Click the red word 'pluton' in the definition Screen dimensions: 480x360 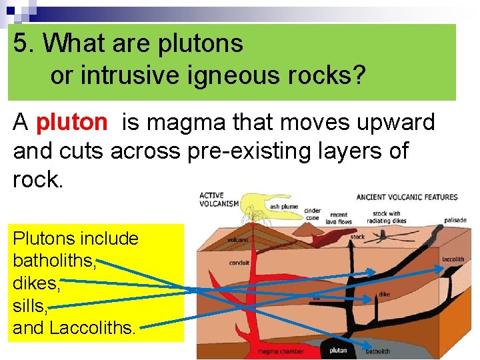pyautogui.click(x=71, y=123)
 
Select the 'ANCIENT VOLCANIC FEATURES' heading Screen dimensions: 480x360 pyautogui.click(x=407, y=197)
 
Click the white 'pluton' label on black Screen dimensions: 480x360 pyautogui.click(x=339, y=350)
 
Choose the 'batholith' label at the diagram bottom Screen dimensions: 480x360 pyautogui.click(x=379, y=351)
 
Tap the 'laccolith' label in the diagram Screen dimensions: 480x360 pyautogui.click(x=453, y=259)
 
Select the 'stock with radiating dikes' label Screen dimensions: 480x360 pyautogui.click(x=386, y=218)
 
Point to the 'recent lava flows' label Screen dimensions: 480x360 pyautogui.click(x=337, y=218)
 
